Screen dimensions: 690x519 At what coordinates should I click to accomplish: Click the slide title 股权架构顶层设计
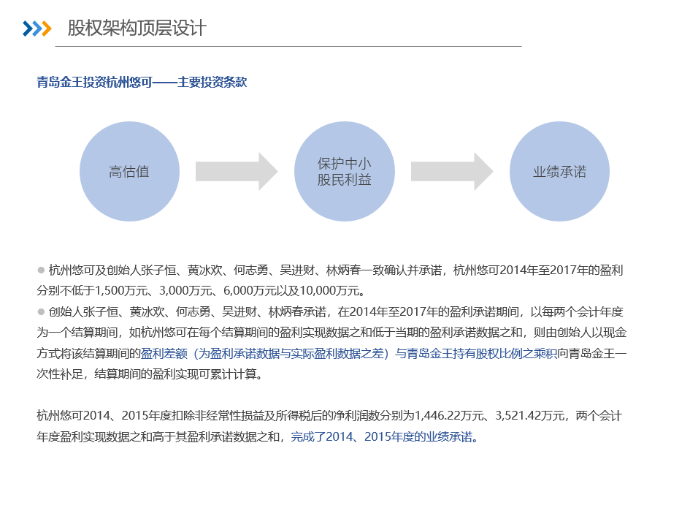pos(137,29)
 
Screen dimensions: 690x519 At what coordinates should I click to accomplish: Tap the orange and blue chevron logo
pos(37,29)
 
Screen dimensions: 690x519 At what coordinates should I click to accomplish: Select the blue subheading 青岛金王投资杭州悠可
pos(94,82)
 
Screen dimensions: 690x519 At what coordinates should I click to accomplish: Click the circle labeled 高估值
pos(129,171)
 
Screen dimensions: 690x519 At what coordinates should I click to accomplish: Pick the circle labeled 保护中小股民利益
pos(345,171)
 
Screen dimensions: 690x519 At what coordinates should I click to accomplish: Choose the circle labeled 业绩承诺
pos(559,171)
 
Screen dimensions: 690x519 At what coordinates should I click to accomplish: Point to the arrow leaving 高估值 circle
pos(237,171)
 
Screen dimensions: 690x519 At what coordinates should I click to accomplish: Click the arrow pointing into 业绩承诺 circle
pos(452,171)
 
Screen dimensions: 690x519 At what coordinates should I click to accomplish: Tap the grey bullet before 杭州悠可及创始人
pos(41,270)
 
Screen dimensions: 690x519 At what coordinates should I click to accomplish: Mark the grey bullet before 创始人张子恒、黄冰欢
pos(41,312)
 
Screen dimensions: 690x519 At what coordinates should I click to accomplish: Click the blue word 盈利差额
pos(164,353)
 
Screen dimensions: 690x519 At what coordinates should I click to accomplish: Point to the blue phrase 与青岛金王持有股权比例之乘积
pos(475,353)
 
